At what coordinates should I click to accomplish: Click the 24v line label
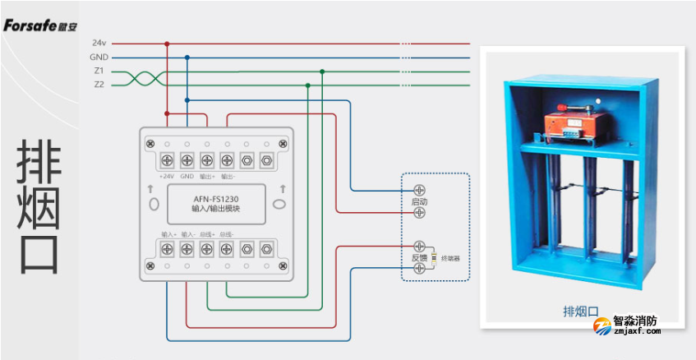tap(98, 43)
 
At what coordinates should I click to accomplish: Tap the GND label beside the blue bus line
tap(98, 57)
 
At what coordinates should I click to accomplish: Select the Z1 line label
tap(99, 71)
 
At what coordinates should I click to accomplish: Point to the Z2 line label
tap(99, 84)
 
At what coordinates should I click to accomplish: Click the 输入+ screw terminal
tap(167, 247)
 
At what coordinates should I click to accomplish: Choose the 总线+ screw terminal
tap(206, 247)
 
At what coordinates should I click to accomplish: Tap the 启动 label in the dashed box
tap(419, 201)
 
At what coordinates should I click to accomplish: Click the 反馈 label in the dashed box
tap(419, 258)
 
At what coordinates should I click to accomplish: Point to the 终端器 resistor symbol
tap(433, 258)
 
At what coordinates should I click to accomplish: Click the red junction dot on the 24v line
tap(167, 43)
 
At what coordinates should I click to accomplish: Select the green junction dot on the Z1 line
tap(322, 72)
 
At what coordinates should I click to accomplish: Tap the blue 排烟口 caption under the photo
tap(580, 311)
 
